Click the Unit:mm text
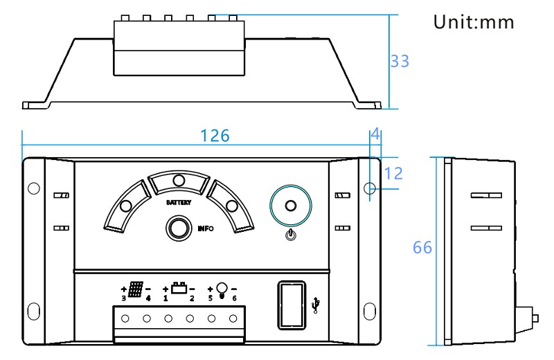tap(474, 23)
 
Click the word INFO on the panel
tap(205, 228)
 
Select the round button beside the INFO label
tap(179, 228)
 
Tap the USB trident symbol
tap(316, 305)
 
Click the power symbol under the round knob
tap(291, 235)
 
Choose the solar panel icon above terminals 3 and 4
tap(136, 288)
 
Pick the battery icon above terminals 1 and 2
tap(179, 287)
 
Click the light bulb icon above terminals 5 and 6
tap(222, 289)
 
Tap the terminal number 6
tap(234, 298)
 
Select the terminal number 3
tap(123, 298)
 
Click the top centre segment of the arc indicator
tap(179, 181)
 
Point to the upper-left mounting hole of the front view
tap(33, 188)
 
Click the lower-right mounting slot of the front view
tap(369, 309)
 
